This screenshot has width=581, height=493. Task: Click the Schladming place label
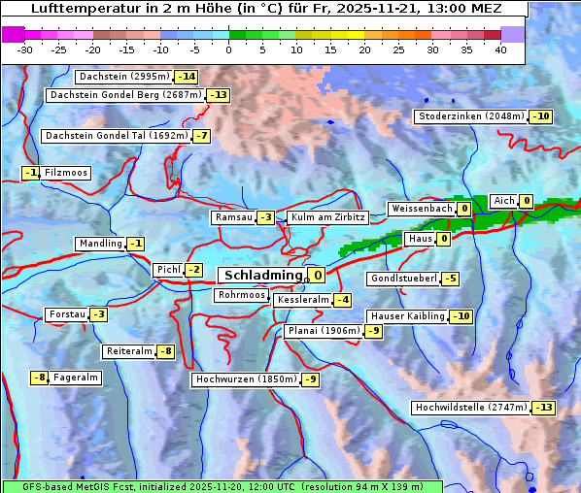click(263, 276)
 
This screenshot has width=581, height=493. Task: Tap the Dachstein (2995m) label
click(123, 77)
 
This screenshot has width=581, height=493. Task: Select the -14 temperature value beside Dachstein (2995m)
click(186, 77)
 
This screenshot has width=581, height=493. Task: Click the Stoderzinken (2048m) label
click(471, 116)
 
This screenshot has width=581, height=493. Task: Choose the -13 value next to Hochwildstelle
click(543, 408)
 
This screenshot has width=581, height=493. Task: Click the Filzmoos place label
click(66, 173)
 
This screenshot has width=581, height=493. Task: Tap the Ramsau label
click(233, 218)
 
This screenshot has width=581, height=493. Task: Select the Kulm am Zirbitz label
click(327, 218)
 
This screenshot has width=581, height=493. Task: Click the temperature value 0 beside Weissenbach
click(464, 209)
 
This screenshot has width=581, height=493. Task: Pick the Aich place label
click(503, 201)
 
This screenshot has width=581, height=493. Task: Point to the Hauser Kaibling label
click(407, 316)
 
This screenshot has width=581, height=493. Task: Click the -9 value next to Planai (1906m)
click(374, 331)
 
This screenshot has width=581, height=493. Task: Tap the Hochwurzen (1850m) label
click(244, 379)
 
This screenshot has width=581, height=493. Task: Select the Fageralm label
click(76, 378)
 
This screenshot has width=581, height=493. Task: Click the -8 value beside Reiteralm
click(166, 351)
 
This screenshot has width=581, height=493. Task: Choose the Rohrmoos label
click(241, 295)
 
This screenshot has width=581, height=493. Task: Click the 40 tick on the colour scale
click(500, 49)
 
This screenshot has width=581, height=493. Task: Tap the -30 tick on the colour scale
click(25, 49)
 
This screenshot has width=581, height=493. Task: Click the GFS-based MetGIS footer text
click(222, 485)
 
